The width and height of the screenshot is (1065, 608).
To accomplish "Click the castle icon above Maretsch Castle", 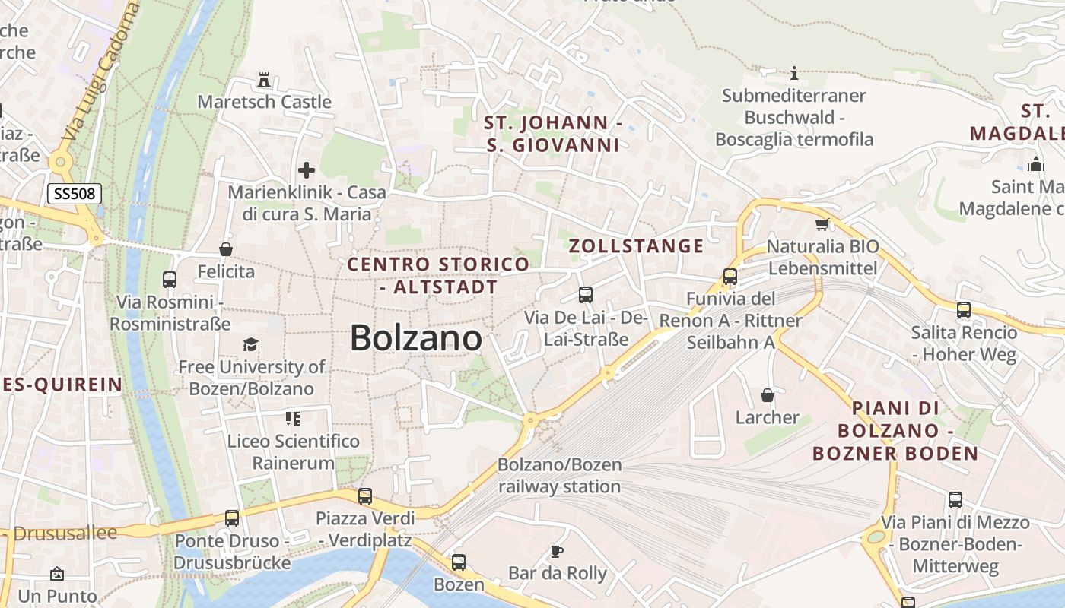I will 264,79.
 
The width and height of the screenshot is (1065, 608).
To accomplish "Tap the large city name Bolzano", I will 416,338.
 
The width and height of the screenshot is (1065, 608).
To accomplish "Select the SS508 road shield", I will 75,194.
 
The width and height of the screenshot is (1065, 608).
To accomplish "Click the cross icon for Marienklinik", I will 307,170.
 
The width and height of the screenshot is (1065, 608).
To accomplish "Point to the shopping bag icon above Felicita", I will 226,249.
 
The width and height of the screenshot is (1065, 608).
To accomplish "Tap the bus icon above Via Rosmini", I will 170,280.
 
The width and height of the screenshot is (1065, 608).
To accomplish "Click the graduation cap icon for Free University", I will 251,345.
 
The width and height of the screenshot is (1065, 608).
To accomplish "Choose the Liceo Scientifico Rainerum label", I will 293,451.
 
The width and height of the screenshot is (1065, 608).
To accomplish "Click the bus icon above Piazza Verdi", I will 365,496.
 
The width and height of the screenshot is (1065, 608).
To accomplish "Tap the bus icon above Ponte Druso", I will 232,518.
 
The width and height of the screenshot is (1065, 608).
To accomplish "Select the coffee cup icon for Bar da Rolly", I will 557,551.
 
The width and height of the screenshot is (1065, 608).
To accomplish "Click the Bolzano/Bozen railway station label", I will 560,475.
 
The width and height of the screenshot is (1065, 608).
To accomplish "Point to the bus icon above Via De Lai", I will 585,295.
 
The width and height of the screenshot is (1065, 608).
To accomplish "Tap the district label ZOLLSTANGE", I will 636,245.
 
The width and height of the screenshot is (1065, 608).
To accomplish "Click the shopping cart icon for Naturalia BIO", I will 822,224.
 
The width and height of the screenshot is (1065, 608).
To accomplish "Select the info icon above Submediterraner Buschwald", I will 794,73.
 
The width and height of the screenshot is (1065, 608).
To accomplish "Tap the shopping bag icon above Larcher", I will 768,395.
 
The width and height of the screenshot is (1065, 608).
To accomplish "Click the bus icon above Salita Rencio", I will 964,310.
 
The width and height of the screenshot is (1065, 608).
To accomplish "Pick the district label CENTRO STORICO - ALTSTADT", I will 438,275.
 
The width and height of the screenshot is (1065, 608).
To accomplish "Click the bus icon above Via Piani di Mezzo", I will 955,500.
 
